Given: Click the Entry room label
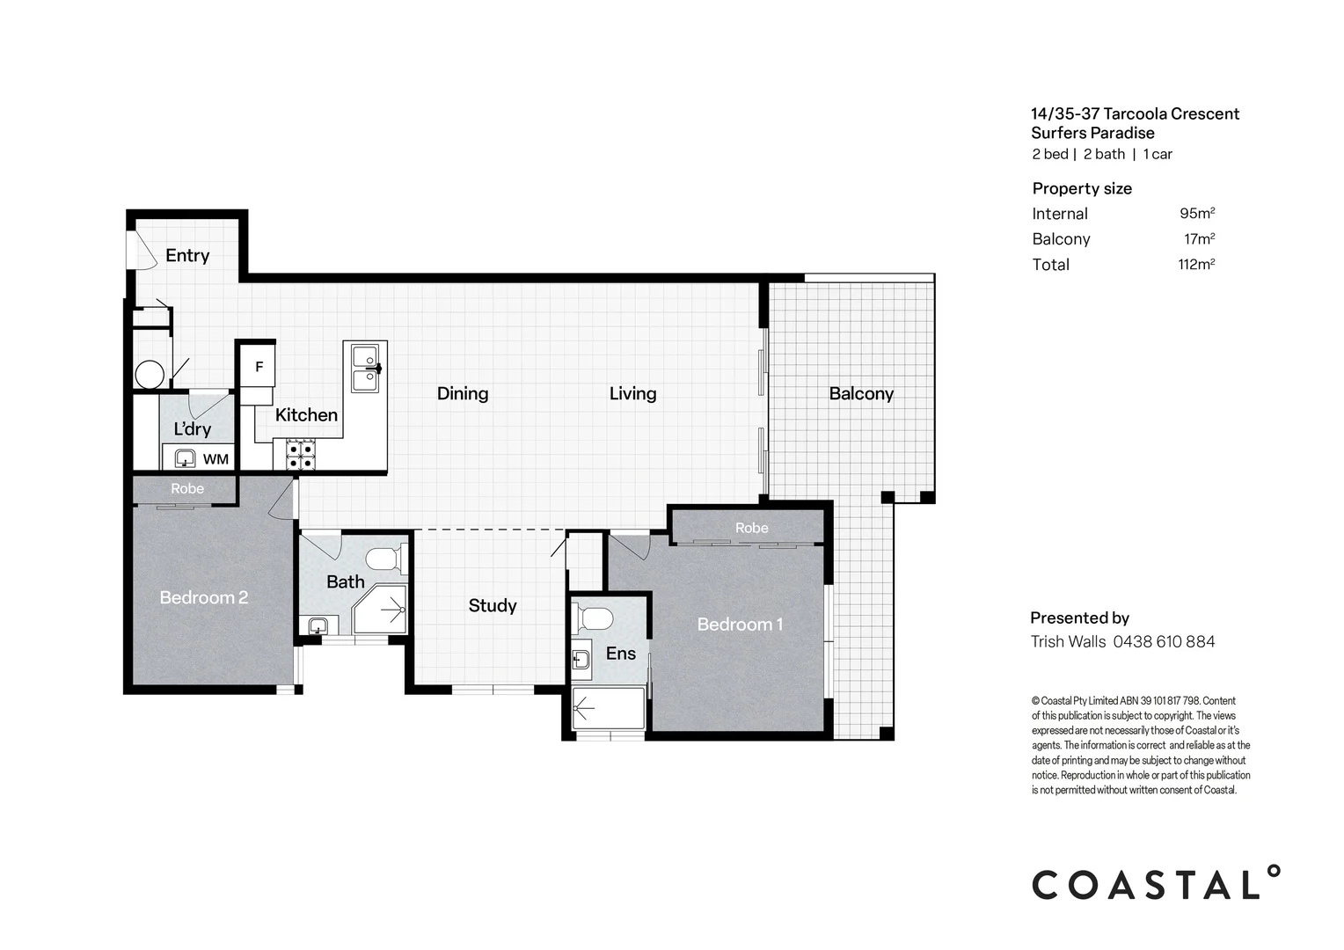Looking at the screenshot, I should click(x=187, y=255).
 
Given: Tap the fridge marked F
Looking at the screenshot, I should click(x=259, y=367).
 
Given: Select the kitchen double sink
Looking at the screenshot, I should click(x=364, y=369).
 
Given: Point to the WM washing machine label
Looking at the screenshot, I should click(x=215, y=459).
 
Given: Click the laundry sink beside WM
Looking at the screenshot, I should click(x=185, y=457).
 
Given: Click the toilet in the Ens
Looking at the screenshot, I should click(x=595, y=618).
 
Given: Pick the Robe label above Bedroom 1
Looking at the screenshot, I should click(x=751, y=528).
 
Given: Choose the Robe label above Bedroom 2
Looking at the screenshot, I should click(x=187, y=488).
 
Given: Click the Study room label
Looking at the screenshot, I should click(x=492, y=605).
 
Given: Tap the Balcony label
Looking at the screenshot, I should click(x=861, y=393).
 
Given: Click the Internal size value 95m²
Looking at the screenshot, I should click(x=1196, y=214).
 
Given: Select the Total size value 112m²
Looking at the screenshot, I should click(x=1195, y=264).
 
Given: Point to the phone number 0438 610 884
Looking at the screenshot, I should click(x=1164, y=641).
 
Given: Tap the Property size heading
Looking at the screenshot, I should click(x=1082, y=188).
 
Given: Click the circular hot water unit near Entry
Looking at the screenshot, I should click(x=150, y=374).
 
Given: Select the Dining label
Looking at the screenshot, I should click(x=463, y=393).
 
